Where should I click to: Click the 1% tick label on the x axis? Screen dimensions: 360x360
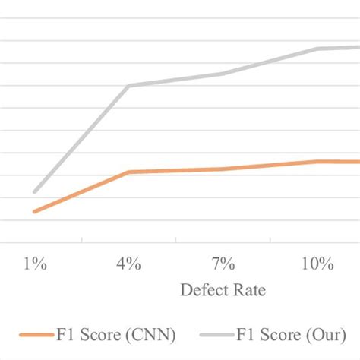[35, 264]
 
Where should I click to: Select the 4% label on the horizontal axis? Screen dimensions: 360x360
[129, 264]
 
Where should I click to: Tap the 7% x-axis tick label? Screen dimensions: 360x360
[223, 264]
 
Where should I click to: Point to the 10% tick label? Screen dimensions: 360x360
[317, 264]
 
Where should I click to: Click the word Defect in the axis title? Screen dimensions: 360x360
[199, 290]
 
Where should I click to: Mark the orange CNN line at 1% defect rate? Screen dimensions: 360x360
[35, 211]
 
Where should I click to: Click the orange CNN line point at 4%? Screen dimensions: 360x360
[129, 172]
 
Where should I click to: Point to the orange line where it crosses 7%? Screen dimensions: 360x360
[223, 169]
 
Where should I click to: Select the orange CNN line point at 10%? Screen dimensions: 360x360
[317, 161]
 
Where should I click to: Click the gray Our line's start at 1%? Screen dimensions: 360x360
[35, 191]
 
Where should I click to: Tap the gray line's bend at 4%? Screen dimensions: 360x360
[129, 86]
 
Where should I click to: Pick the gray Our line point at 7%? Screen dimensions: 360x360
[223, 74]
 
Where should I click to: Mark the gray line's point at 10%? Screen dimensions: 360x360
[317, 49]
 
